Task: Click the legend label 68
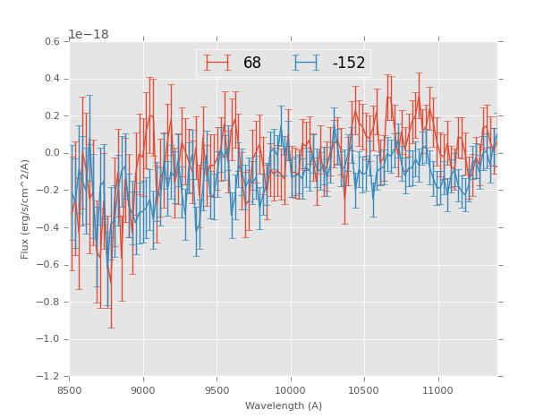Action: (x=252, y=63)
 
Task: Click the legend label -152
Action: (x=348, y=63)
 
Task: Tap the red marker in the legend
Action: (x=218, y=63)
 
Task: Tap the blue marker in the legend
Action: (x=307, y=63)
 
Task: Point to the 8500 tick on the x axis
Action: (x=70, y=390)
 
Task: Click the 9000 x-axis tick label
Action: (x=143, y=390)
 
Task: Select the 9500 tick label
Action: (x=217, y=390)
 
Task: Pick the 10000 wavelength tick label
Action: (x=291, y=390)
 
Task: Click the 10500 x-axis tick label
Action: (x=364, y=390)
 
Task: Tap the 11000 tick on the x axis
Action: (x=437, y=390)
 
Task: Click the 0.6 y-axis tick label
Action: (x=53, y=42)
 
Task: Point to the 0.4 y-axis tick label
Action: (x=53, y=79)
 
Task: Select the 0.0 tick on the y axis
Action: (x=53, y=153)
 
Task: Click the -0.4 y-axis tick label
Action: (x=50, y=227)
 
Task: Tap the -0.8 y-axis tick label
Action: (x=50, y=302)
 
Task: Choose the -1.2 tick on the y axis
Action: (x=50, y=376)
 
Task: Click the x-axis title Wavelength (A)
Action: (x=284, y=406)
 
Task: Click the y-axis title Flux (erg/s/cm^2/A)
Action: (x=26, y=209)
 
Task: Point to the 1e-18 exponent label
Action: (x=89, y=35)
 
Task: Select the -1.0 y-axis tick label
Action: (x=50, y=339)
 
